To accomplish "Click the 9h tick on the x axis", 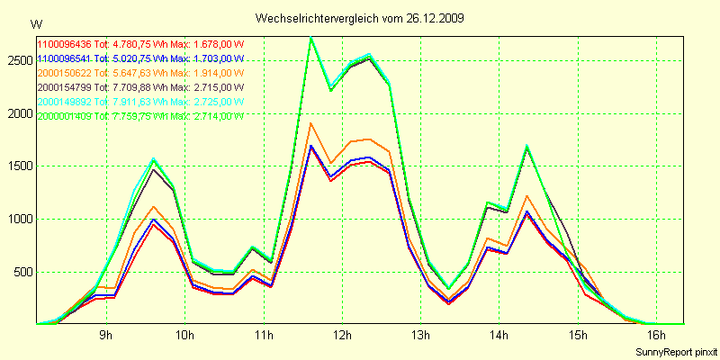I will coord(106,335).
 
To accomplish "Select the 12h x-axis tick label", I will coord(342,335).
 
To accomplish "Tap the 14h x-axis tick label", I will coord(499,335).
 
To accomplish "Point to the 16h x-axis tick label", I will coord(657,335).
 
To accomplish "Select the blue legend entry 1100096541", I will coord(66,58).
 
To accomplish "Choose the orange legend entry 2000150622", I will coord(66,73).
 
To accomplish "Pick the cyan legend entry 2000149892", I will coord(66,102).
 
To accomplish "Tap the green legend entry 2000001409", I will coord(66,116).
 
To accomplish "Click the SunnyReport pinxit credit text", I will coord(674,349).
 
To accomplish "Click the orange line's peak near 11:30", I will coord(310,123).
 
